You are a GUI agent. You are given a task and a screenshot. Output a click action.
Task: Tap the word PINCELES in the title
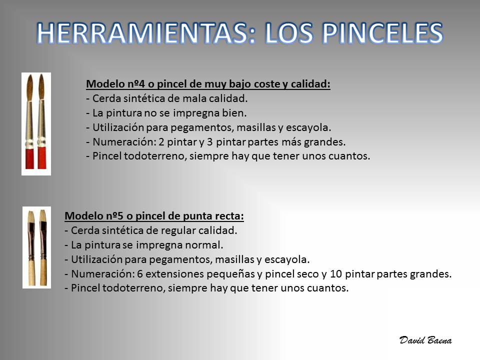click(382, 33)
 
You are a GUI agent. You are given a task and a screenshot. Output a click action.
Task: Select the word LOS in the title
click(288, 33)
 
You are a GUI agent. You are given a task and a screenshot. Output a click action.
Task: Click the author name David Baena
click(425, 340)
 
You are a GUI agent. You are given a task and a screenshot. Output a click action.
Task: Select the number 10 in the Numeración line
click(336, 273)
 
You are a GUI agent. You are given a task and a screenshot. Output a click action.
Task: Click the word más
click(290, 141)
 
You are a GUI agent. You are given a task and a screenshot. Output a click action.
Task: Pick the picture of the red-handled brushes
click(36, 124)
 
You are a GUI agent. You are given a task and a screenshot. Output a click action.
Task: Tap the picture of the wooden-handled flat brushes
click(36, 247)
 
